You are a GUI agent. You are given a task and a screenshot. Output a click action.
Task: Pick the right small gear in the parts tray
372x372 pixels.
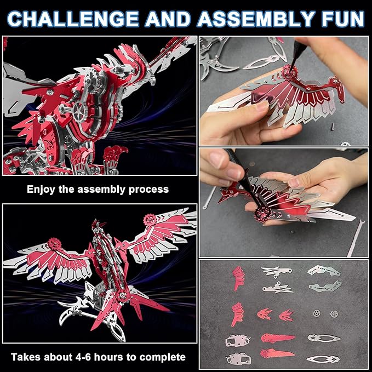pos(334,315)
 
